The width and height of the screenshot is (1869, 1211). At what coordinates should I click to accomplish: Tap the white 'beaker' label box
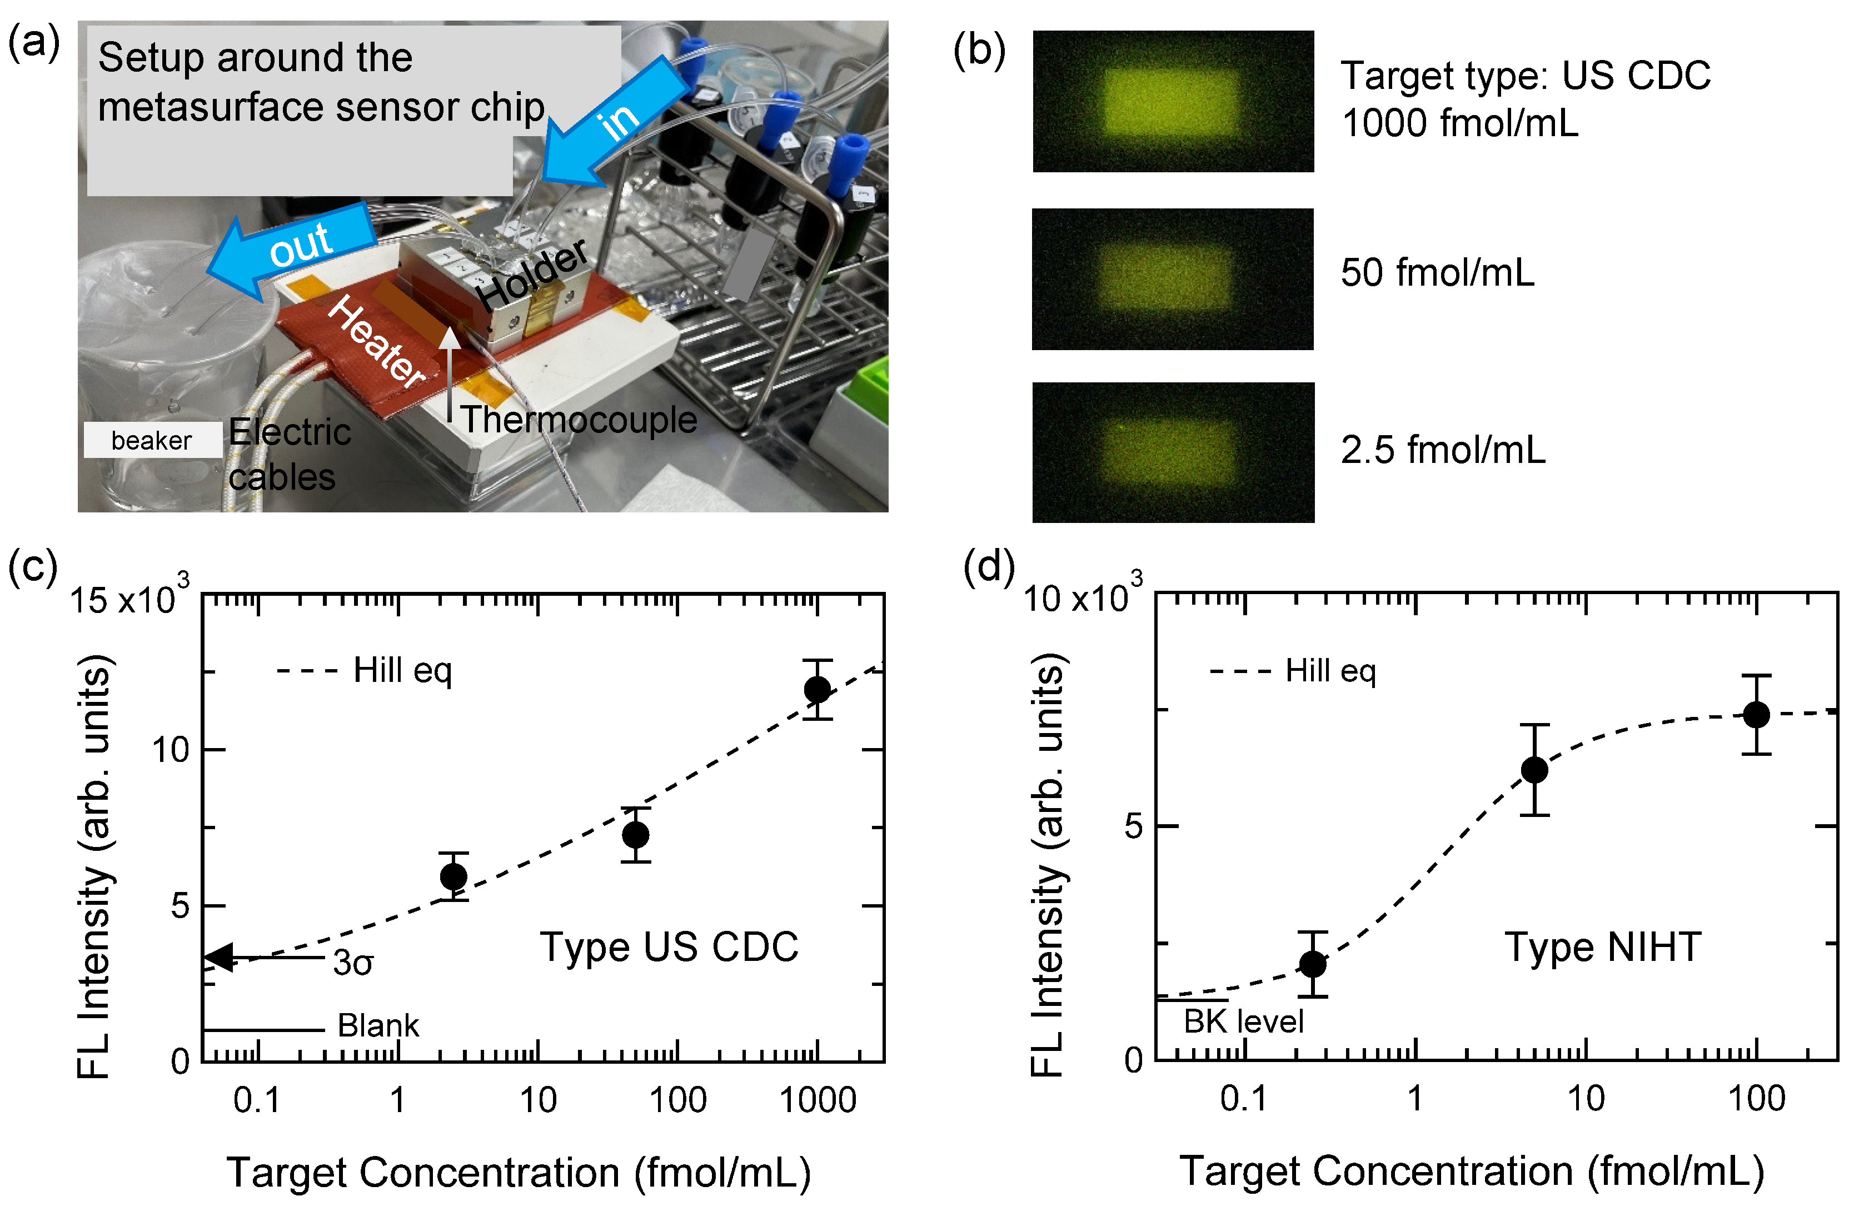(152, 440)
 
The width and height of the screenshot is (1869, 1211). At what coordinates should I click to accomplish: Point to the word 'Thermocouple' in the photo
(578, 420)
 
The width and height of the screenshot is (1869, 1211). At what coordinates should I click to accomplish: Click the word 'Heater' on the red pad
(375, 342)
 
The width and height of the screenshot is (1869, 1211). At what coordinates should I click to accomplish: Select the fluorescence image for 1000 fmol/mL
(1173, 101)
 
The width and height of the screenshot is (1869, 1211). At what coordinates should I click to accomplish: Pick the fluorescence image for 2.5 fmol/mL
(1173, 452)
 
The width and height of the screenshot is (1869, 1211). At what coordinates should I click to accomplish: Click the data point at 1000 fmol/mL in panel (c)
(817, 690)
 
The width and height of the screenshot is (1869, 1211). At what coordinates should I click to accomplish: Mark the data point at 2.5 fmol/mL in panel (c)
(453, 876)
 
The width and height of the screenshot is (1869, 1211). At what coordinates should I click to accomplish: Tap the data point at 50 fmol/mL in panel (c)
(635, 834)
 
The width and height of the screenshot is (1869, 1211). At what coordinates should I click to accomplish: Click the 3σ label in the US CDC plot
(352, 963)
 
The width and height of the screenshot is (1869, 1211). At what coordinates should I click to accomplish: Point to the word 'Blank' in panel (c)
(378, 1026)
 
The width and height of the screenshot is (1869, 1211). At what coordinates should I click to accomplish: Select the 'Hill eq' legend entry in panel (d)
(1329, 671)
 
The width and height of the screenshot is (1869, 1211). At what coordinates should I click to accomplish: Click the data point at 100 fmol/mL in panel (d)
(1756, 715)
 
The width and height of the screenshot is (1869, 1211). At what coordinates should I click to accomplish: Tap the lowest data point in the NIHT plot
(1312, 964)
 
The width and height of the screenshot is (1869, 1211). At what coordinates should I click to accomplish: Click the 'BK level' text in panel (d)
(1243, 1021)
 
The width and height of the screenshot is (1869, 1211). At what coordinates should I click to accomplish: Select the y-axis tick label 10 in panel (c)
(171, 750)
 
